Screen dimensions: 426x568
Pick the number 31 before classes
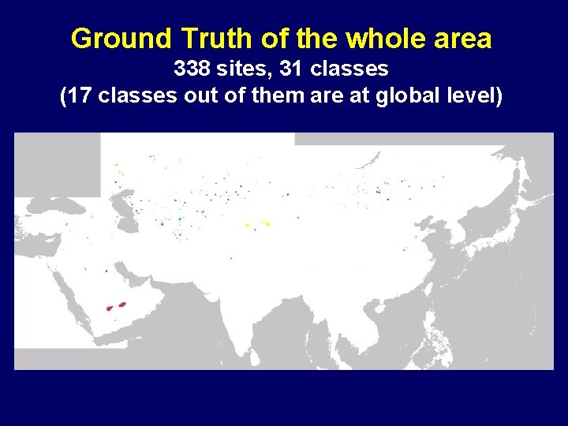292,69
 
